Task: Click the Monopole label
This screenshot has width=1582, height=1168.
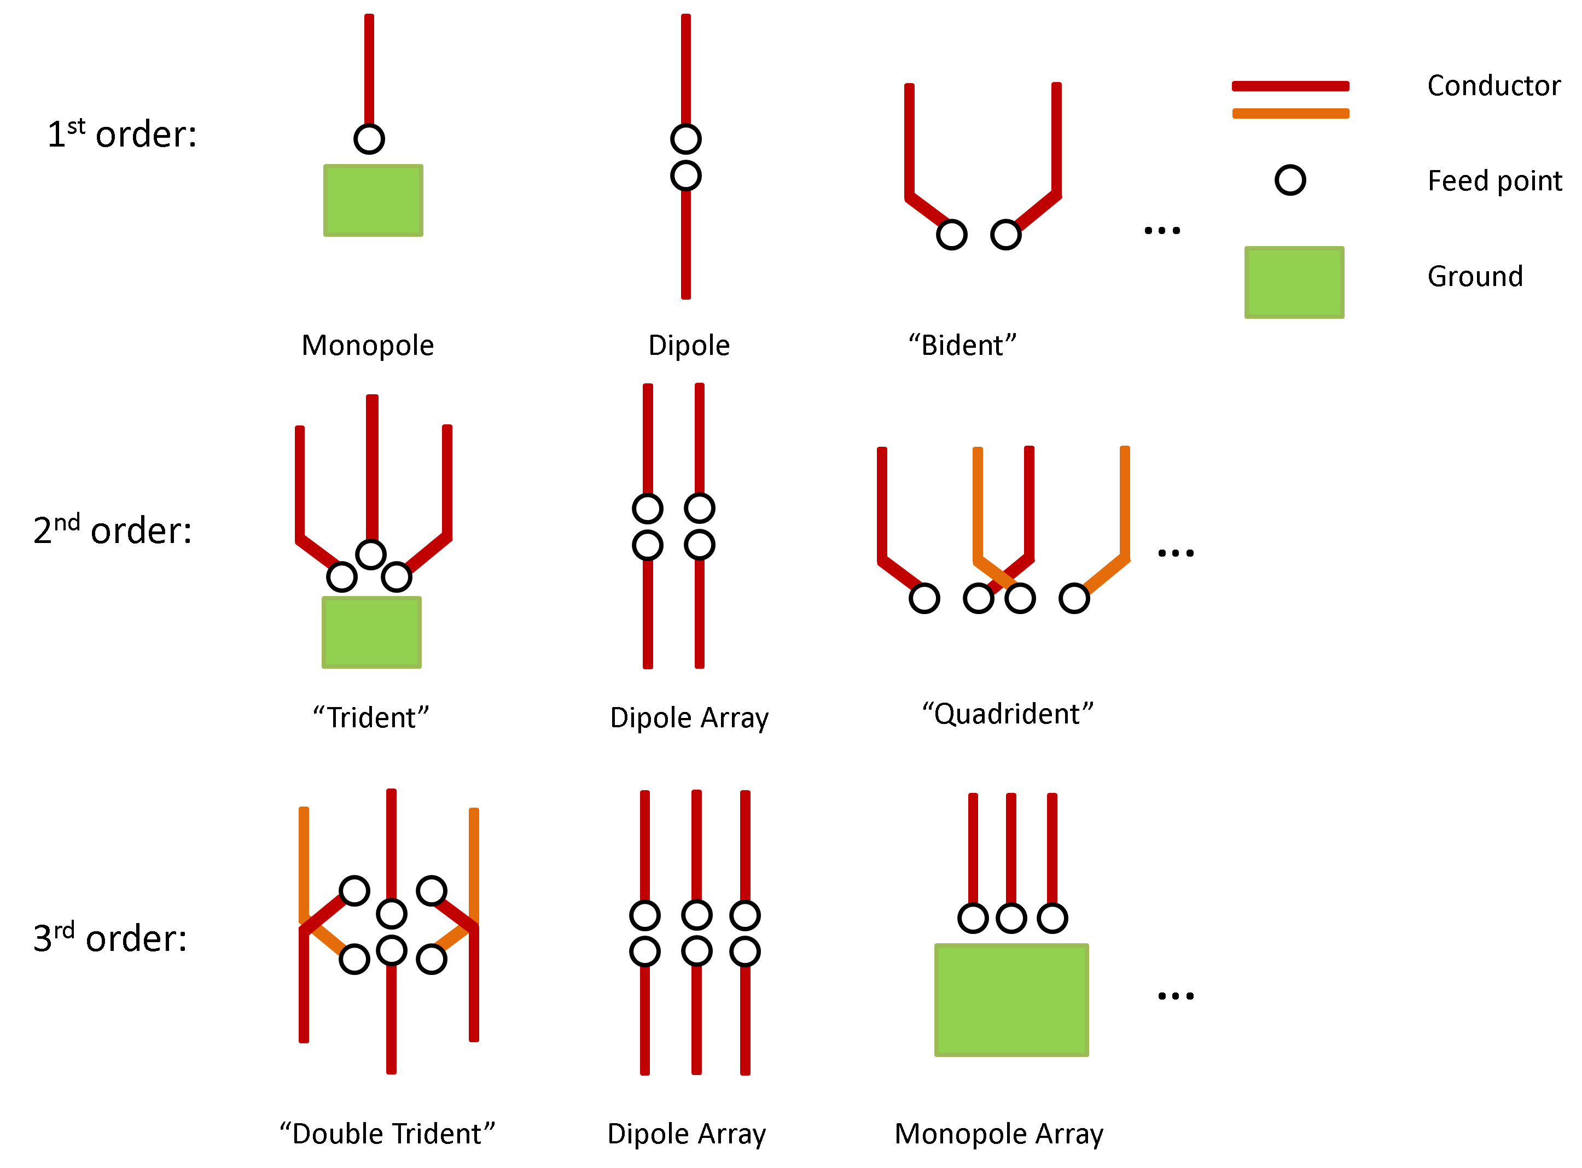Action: tap(368, 346)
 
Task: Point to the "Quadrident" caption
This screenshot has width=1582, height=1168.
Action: tap(1007, 714)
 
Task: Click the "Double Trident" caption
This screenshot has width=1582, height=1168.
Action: tap(387, 1134)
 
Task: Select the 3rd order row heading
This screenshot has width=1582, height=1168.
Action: tap(110, 938)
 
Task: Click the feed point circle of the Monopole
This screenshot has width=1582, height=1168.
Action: tap(369, 138)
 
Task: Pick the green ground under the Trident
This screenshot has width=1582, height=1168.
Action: tap(371, 632)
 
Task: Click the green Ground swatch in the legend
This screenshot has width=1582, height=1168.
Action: tap(1294, 282)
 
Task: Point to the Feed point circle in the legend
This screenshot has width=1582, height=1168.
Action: tap(1290, 180)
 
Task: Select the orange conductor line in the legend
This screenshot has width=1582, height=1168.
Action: tap(1290, 114)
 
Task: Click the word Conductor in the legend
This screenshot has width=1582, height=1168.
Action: tap(1493, 85)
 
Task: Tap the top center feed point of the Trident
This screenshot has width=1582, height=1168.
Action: tap(370, 554)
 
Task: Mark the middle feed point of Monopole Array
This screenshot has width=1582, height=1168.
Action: tap(1011, 919)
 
